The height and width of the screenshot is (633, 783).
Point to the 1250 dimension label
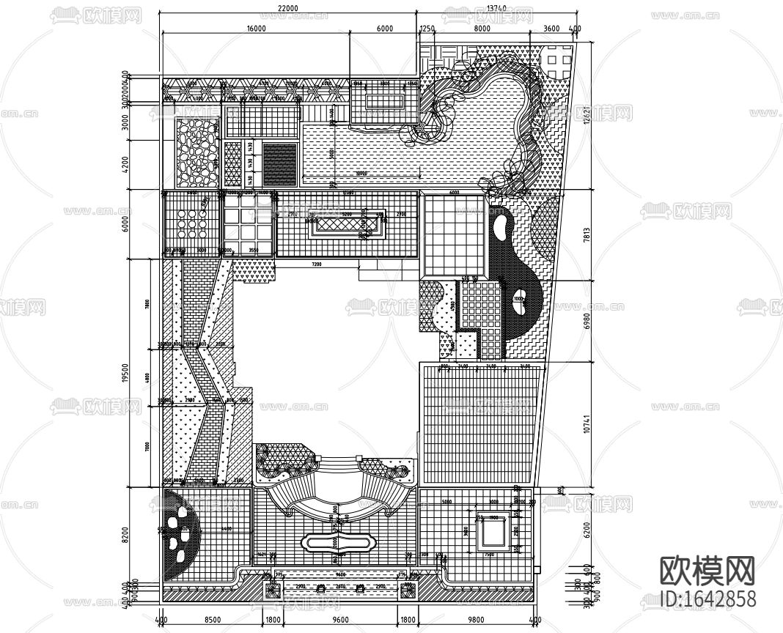point(427,28)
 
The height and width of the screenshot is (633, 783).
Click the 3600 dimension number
point(551,28)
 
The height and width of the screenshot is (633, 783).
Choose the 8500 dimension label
point(213,620)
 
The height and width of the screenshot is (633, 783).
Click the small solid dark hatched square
point(279,163)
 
